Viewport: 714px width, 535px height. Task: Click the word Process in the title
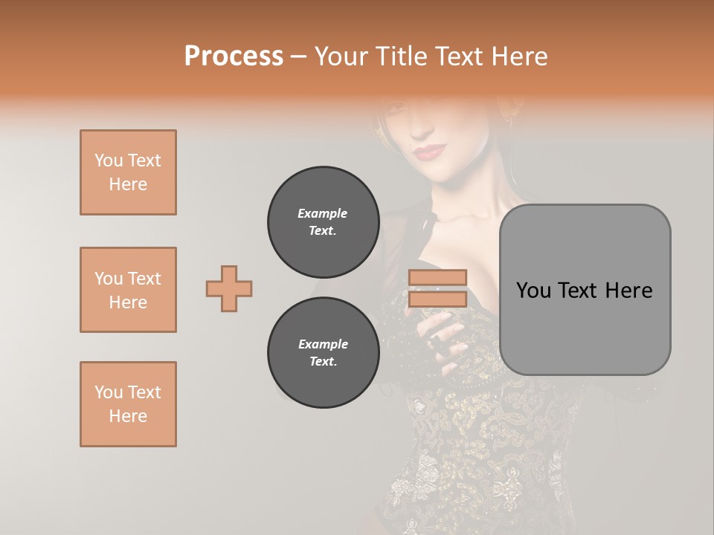(234, 56)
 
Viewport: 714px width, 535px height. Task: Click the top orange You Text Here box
(128, 172)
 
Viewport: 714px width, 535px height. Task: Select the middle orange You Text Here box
(128, 290)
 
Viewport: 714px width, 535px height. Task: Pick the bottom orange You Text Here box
(128, 404)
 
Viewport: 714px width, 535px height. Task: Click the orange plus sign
(229, 288)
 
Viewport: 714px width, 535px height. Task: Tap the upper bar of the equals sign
(437, 278)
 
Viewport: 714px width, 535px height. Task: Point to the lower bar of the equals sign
(437, 299)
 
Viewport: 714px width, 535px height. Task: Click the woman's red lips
(427, 152)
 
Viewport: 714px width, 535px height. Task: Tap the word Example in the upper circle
(323, 213)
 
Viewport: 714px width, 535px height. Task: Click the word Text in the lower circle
(321, 362)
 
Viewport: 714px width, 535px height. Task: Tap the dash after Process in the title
(299, 56)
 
